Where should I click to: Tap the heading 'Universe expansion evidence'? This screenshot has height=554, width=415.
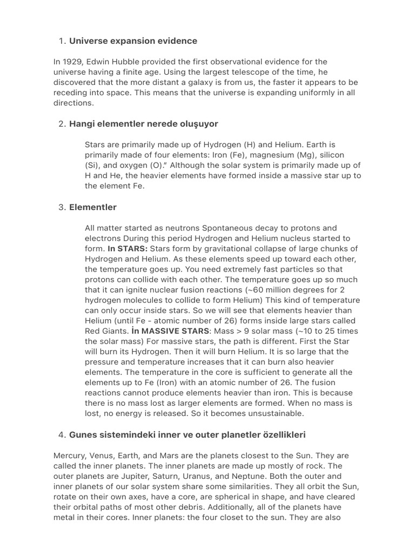pos(133,41)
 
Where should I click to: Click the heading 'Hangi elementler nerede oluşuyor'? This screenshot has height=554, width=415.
pos(143,124)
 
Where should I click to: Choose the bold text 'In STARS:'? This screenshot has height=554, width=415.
pos(128,248)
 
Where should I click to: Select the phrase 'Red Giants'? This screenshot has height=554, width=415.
pos(106,331)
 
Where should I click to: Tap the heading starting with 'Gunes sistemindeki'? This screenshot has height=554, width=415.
pos(188,434)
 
